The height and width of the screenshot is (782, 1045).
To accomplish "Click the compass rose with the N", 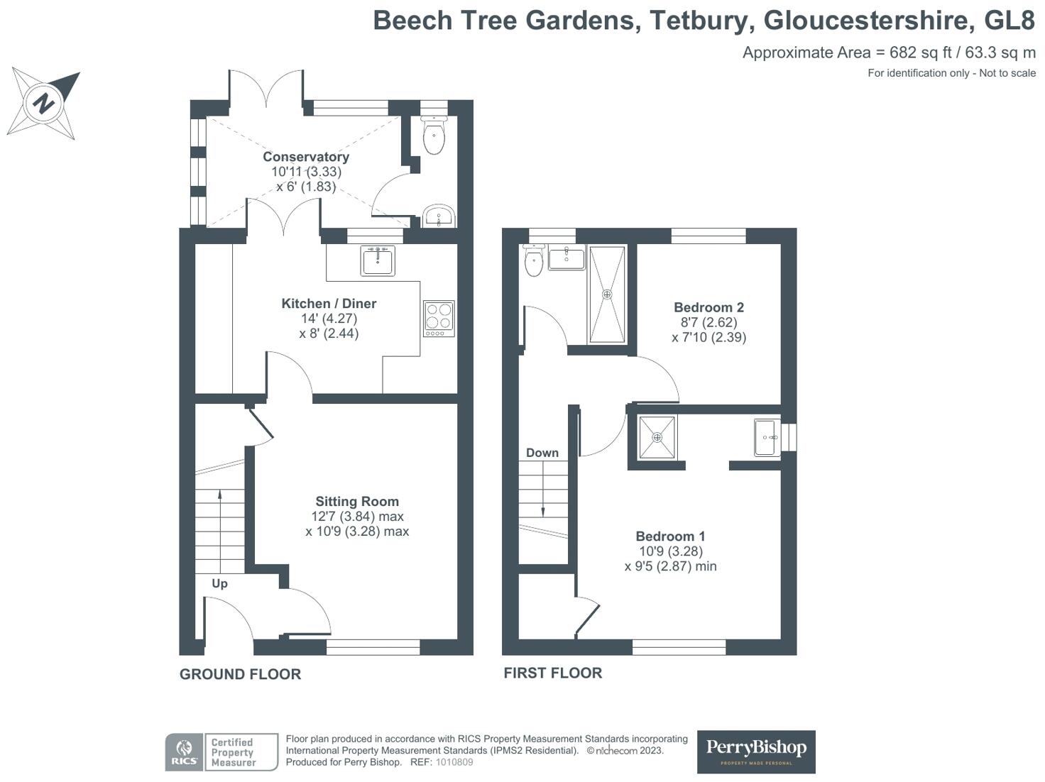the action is (x=44, y=103).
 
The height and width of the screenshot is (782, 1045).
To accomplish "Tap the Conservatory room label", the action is (x=306, y=157).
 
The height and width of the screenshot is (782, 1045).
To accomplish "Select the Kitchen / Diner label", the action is (x=329, y=304).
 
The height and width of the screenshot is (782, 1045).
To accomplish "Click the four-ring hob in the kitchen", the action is (x=439, y=317).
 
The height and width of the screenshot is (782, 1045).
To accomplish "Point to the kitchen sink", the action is (x=377, y=260).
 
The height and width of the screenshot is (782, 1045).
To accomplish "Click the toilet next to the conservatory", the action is (x=434, y=135).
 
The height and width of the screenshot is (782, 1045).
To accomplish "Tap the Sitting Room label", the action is (x=357, y=502).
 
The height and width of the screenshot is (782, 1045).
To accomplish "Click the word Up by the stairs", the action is (x=219, y=583).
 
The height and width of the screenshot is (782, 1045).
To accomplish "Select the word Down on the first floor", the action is (x=542, y=453).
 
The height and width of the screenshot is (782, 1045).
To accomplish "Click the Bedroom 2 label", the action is (x=708, y=307).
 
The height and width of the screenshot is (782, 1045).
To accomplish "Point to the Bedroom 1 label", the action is (x=670, y=536).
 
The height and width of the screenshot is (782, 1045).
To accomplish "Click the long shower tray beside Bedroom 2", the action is (x=607, y=294).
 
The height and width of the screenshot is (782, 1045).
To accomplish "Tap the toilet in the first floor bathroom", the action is (x=533, y=261).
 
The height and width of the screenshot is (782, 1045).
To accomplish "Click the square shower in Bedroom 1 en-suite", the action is (x=657, y=437).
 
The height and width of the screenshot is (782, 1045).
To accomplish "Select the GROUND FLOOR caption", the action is (x=240, y=674).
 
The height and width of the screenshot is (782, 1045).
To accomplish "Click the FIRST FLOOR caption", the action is (x=552, y=673).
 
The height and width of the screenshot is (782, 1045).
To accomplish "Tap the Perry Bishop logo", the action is (x=756, y=751).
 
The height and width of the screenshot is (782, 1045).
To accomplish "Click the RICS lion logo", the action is (x=185, y=752).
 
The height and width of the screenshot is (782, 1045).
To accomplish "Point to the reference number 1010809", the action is (x=454, y=762).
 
